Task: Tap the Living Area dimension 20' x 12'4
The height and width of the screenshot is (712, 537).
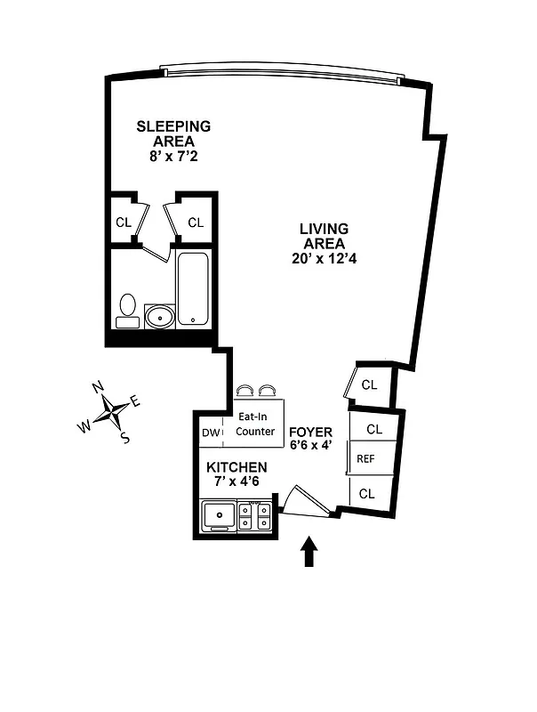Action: click(x=324, y=259)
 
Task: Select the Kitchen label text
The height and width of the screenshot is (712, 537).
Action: click(x=236, y=467)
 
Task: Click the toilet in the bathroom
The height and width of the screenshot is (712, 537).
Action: click(x=127, y=308)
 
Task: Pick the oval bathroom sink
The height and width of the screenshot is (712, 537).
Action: click(x=160, y=316)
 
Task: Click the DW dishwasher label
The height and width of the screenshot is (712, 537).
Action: click(x=211, y=433)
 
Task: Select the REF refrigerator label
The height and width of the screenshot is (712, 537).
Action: click(x=365, y=459)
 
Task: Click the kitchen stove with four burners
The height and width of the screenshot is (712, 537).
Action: click(x=255, y=516)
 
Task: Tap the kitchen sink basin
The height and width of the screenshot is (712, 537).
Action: click(x=218, y=515)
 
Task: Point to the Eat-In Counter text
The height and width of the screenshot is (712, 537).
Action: click(x=255, y=425)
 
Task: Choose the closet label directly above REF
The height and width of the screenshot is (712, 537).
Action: click(x=374, y=429)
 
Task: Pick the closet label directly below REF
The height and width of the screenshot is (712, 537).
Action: click(x=367, y=492)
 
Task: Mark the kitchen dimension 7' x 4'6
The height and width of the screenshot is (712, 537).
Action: click(x=236, y=483)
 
